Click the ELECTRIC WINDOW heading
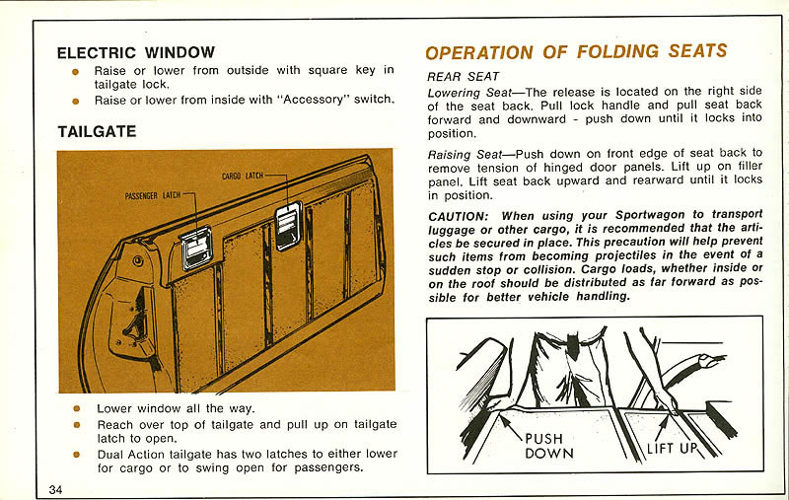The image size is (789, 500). pyautogui.click(x=135, y=52)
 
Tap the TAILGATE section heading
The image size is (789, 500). pyautogui.click(x=96, y=131)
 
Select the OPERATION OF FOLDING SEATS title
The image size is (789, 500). pyautogui.click(x=576, y=52)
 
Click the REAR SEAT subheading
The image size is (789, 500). pyautogui.click(x=463, y=76)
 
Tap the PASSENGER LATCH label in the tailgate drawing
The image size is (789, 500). pyautogui.click(x=153, y=195)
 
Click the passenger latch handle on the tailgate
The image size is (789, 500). pyautogui.click(x=196, y=247)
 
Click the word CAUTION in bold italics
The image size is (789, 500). pyautogui.click(x=458, y=216)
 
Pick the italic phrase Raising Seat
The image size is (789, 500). pyautogui.click(x=463, y=154)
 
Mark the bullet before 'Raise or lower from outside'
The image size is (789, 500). pyautogui.click(x=75, y=71)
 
